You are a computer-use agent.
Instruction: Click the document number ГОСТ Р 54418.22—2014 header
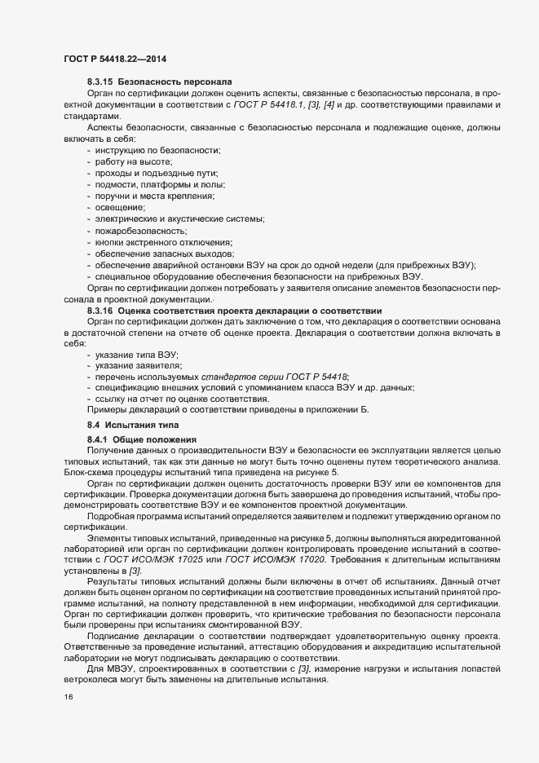[x=116, y=58]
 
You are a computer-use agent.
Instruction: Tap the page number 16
[x=68, y=699]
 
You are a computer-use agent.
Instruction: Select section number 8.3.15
[x=99, y=83]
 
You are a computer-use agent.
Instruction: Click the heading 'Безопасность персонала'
[x=175, y=83]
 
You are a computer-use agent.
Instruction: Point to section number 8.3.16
[x=99, y=311]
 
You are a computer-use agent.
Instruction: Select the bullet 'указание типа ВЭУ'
[x=136, y=357]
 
